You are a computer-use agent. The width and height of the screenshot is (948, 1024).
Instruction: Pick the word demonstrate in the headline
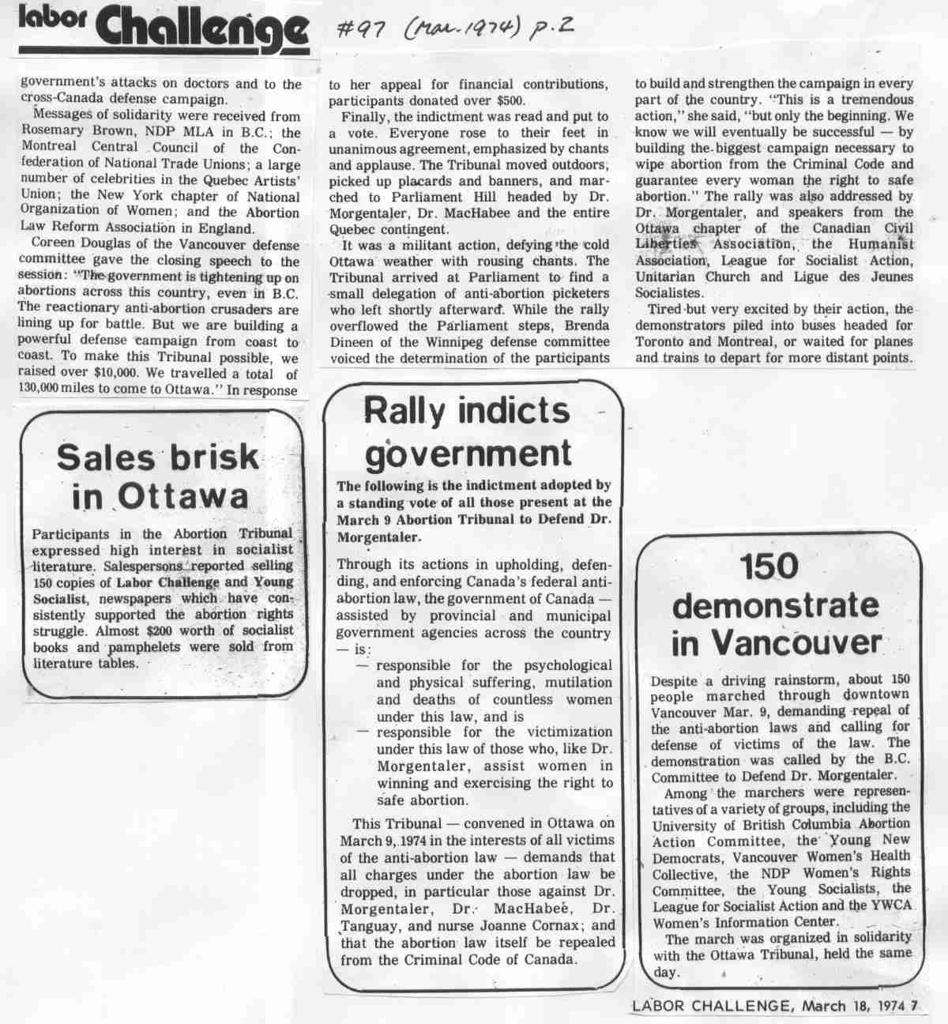tap(775, 604)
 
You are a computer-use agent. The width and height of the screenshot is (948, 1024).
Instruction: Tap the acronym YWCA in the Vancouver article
tap(891, 905)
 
